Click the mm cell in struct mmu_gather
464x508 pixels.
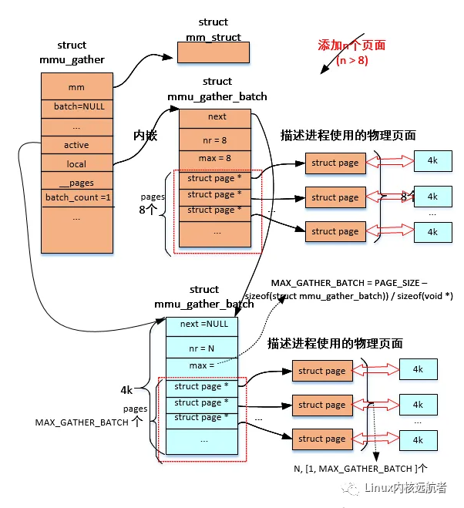point(76,87)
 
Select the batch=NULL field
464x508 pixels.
point(76,106)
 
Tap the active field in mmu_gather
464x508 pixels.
point(76,145)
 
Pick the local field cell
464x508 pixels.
point(76,163)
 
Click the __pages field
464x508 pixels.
point(76,183)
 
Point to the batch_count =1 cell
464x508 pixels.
point(76,198)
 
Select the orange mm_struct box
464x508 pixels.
point(214,52)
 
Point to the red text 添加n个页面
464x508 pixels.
point(351,45)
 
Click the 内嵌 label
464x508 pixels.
point(146,134)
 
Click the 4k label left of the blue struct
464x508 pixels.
point(127,391)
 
